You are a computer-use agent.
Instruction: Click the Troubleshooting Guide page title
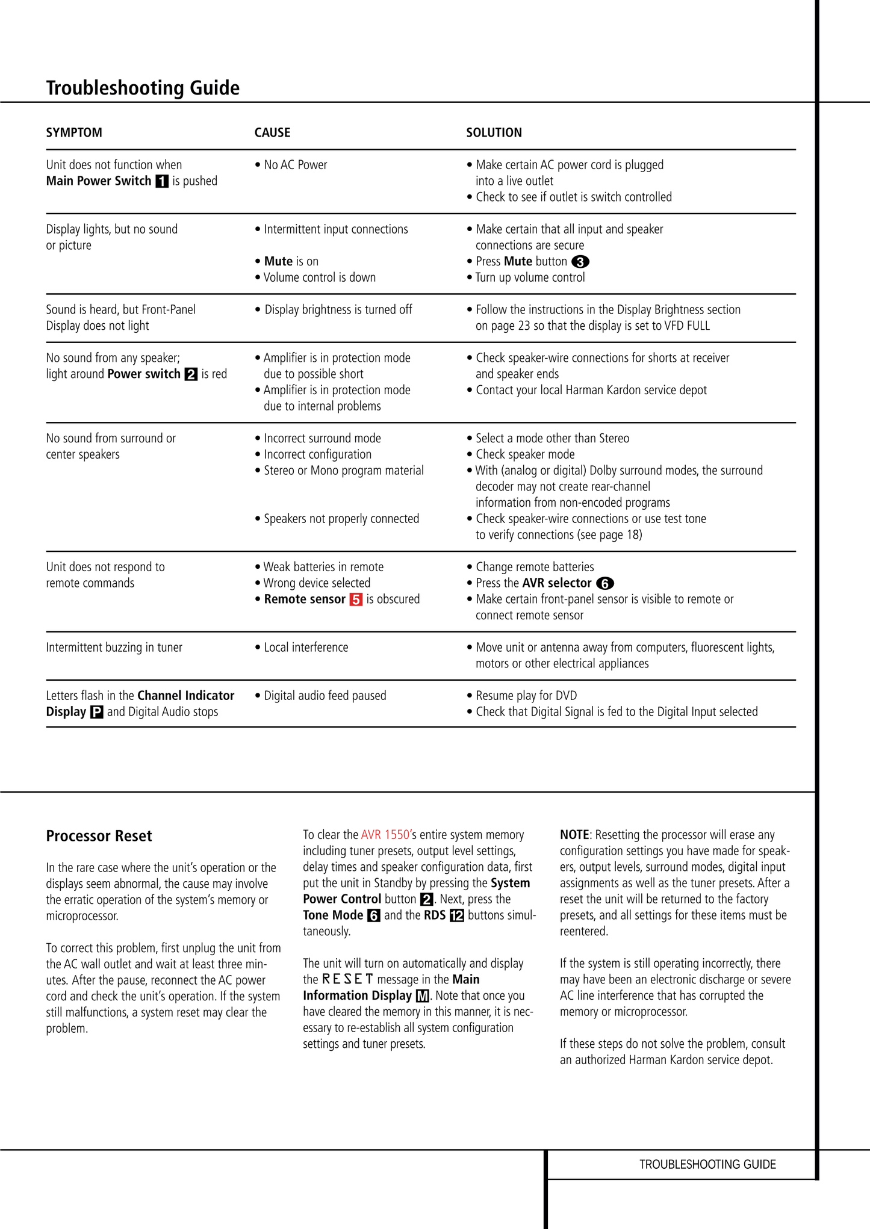(x=143, y=88)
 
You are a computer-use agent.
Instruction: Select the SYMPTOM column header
(x=74, y=132)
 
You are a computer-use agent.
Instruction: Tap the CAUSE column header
(x=272, y=132)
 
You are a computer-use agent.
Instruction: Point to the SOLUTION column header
(x=494, y=132)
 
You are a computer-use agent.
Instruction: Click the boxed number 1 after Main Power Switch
(x=162, y=181)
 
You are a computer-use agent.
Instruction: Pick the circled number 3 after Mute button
(x=580, y=262)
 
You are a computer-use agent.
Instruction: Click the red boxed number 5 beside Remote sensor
(x=356, y=599)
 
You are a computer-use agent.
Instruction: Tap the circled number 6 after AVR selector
(x=604, y=583)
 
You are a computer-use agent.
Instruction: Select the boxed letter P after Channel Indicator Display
(x=96, y=712)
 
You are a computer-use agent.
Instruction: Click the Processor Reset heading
(x=99, y=836)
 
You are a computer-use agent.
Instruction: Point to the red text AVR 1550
(x=385, y=835)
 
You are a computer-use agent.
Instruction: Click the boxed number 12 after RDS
(x=457, y=915)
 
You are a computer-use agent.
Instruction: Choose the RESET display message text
(x=348, y=979)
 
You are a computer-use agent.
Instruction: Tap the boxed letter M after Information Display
(x=423, y=996)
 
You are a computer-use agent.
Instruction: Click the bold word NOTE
(x=574, y=835)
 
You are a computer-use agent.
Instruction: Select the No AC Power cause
(x=295, y=165)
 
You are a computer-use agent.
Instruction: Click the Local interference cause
(x=306, y=648)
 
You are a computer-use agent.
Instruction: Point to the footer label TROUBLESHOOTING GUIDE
(x=707, y=1164)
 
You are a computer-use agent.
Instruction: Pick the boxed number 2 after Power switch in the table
(x=191, y=374)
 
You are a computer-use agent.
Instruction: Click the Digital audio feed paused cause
(x=325, y=696)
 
